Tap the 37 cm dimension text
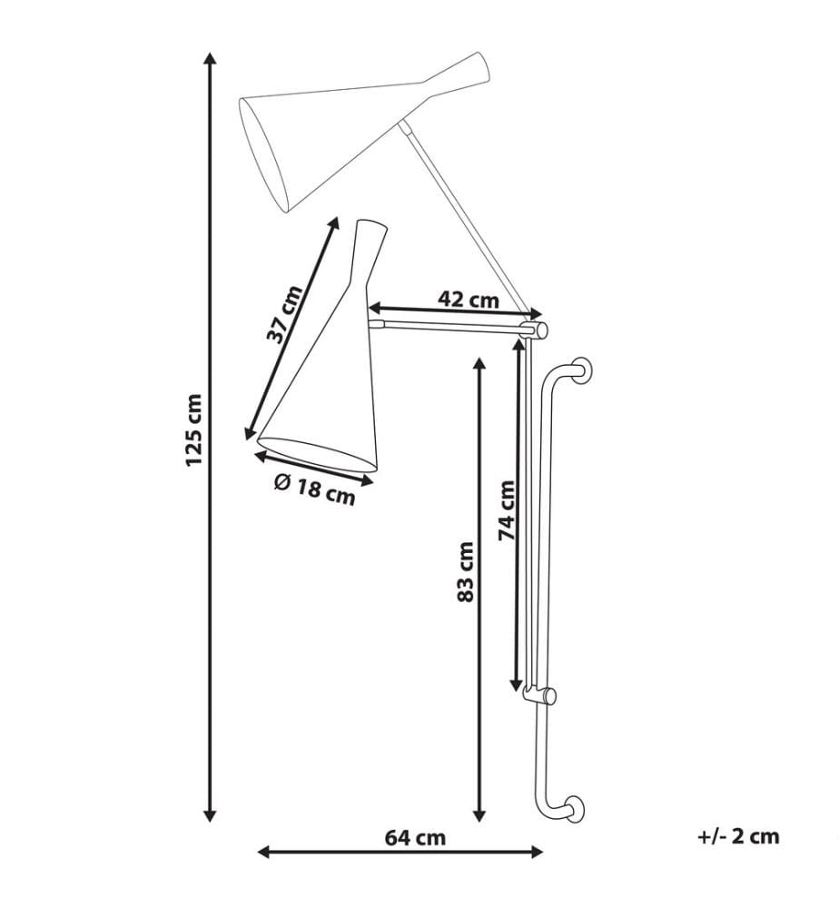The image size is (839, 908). coord(284,314)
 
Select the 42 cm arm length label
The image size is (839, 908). coord(469,300)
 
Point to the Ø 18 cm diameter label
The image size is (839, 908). coord(314,489)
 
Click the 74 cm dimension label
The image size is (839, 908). coord(508,510)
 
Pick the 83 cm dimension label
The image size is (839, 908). coord(466,571)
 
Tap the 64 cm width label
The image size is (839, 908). coord(416,837)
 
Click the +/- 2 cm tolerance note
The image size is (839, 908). coord(739,836)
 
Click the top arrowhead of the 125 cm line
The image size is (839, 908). coord(210,58)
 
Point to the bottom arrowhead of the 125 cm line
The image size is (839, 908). coord(210,814)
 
